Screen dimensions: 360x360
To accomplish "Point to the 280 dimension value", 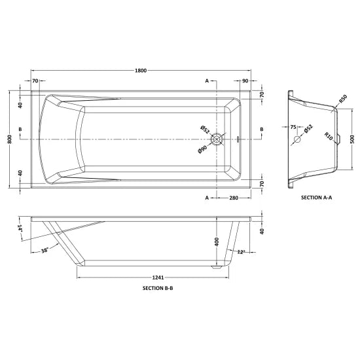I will [x=232, y=198].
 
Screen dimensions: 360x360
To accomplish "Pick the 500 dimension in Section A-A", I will [x=351, y=139].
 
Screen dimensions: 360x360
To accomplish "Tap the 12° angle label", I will [x=241, y=251].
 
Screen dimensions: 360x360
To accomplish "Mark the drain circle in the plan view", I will [x=216, y=139].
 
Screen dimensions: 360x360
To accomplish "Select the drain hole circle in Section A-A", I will [x=298, y=139].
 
